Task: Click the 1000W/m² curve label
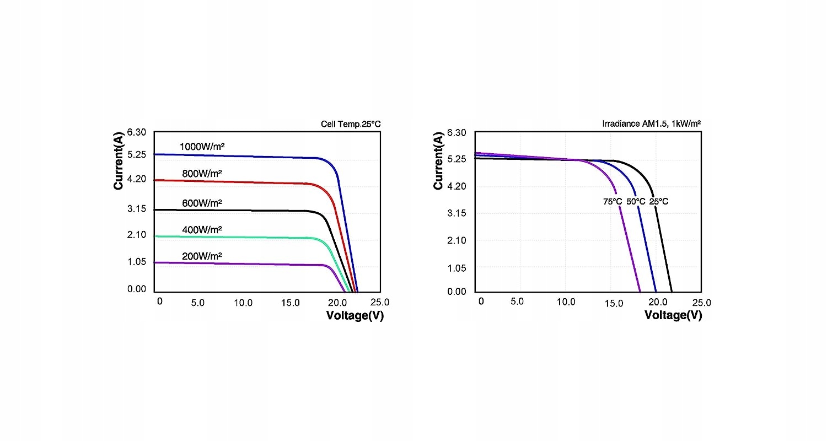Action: (202, 147)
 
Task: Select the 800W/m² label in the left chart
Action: (202, 174)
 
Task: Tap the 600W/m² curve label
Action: (202, 203)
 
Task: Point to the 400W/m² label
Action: (202, 229)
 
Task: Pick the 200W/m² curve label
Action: (202, 256)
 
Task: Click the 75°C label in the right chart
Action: (613, 202)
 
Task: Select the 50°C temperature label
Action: (636, 202)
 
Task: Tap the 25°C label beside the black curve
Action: (659, 202)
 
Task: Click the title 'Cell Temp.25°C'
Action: (351, 124)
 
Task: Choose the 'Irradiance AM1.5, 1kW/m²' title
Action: (652, 124)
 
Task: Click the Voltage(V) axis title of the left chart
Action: (355, 316)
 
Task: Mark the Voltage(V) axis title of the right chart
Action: (673, 315)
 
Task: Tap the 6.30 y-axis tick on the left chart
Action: (136, 132)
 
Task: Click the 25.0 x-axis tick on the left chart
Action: (379, 303)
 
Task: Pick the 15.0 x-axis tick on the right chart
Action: (614, 303)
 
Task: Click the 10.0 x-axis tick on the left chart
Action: (243, 303)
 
